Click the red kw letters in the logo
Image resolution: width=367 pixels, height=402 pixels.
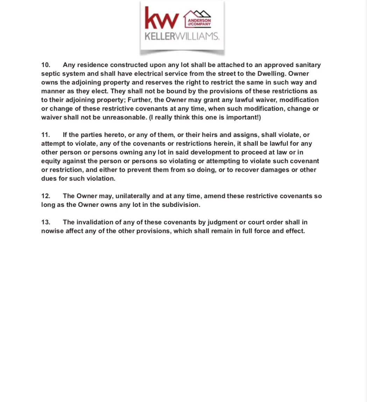click(x=162, y=19)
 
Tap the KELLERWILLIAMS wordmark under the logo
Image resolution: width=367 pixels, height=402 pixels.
click(x=182, y=36)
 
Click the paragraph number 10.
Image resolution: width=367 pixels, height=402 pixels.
click(x=46, y=65)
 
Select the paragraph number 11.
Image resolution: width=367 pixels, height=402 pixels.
click(x=46, y=135)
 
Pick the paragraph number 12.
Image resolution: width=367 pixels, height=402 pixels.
click(x=46, y=196)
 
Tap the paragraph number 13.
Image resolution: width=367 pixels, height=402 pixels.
click(x=46, y=222)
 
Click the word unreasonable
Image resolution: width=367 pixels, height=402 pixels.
click(x=124, y=117)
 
